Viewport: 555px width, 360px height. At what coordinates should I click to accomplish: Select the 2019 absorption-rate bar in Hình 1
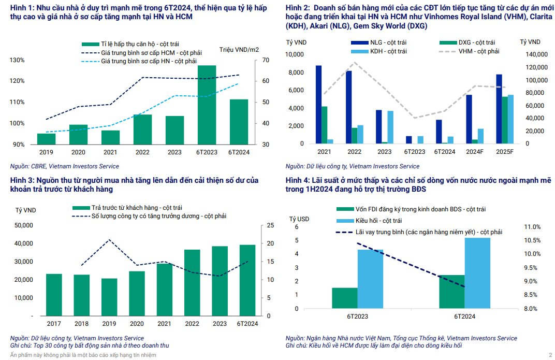pos(46,139)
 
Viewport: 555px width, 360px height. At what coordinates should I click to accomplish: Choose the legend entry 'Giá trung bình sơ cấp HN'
pos(149,61)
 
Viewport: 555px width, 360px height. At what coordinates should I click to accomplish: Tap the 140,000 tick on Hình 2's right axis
pos(533,54)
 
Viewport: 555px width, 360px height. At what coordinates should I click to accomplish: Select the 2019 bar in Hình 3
pos(109,297)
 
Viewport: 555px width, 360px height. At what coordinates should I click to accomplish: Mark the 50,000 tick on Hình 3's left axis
pos(23,225)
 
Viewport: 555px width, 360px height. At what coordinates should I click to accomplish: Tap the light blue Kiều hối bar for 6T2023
pos(370,279)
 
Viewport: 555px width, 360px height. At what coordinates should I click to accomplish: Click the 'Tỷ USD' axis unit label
pos(299,219)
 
